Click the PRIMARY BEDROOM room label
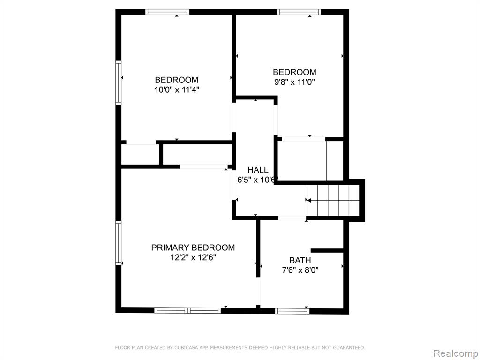tap(193, 247)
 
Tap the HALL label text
tap(258, 170)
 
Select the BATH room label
tap(300, 260)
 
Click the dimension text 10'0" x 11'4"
tap(177, 90)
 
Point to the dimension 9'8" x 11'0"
tap(294, 82)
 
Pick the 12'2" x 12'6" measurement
tap(193, 257)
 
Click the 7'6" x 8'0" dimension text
tap(300, 270)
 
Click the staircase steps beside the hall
tap(333, 200)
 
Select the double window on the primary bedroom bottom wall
tap(187, 310)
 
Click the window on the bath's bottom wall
tap(292, 311)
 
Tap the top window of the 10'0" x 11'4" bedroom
tap(167, 12)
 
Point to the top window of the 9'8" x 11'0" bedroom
tap(299, 12)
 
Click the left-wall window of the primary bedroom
tap(118, 243)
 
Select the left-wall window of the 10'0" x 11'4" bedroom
tap(118, 82)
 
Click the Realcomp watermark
tap(456, 353)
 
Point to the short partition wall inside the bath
tap(327, 250)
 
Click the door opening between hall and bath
tap(292, 217)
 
